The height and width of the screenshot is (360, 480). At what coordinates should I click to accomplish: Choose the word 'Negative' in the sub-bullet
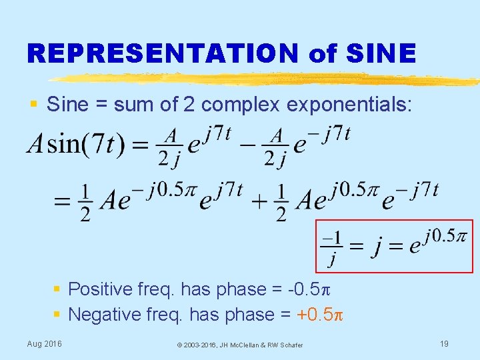(105, 314)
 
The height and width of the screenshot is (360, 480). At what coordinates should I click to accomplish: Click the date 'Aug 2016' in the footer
(44, 343)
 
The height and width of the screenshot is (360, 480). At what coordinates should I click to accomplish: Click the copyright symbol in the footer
(180, 345)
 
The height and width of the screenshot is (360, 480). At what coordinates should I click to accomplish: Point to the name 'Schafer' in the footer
(291, 345)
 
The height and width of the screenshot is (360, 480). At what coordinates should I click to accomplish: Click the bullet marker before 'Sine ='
(33, 105)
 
